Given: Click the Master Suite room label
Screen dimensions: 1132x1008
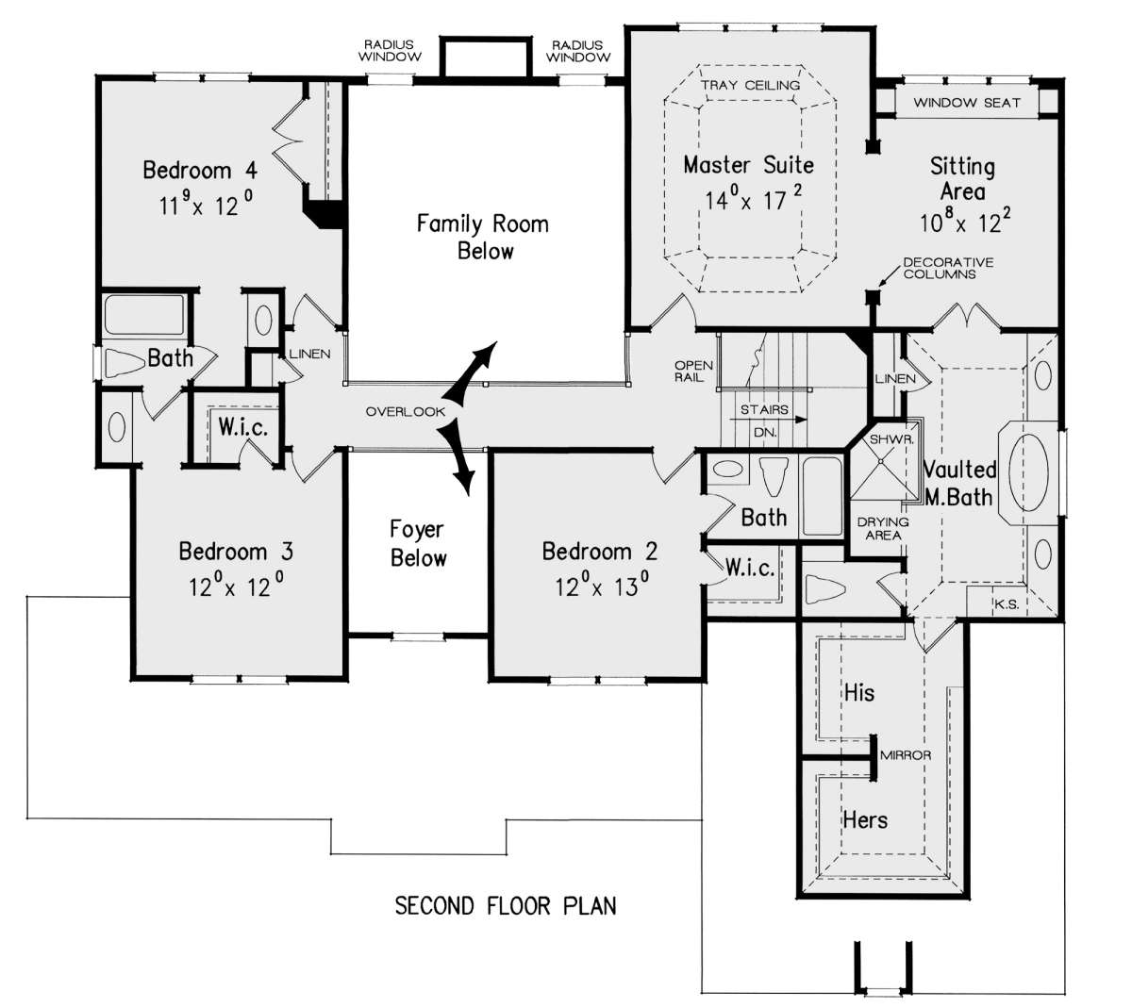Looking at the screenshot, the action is (x=748, y=165).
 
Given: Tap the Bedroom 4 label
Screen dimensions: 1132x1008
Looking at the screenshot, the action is (x=200, y=170).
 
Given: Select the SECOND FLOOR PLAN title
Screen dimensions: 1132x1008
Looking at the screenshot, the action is (x=505, y=906).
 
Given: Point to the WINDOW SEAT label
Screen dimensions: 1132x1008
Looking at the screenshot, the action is (x=967, y=103).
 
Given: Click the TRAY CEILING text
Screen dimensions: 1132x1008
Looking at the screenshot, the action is (x=750, y=85).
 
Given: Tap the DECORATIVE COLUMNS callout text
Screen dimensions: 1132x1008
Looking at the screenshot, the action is (x=948, y=268).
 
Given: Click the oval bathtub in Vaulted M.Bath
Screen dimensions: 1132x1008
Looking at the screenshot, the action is (x=1028, y=472).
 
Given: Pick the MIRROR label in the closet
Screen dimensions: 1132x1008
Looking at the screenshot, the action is (x=906, y=755).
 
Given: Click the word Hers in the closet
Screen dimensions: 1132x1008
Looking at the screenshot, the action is (x=865, y=819).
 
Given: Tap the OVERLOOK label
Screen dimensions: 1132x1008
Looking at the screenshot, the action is (x=406, y=411).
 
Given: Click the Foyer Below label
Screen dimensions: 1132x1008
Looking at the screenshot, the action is (x=418, y=543).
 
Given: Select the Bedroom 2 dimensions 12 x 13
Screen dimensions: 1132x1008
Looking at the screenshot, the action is (x=602, y=587).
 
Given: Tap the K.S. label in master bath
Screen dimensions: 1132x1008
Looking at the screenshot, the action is (x=1007, y=604).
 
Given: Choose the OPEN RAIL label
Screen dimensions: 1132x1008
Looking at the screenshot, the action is (x=692, y=372).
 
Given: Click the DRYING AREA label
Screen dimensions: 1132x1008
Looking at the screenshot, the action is (x=883, y=528).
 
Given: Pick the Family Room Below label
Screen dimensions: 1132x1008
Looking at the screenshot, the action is (x=483, y=238).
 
